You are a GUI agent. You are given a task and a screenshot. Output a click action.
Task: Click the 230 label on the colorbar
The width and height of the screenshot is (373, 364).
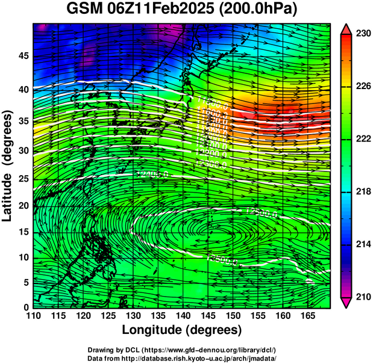(362, 34)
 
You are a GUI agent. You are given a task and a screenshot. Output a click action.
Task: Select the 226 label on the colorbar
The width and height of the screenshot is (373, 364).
(362, 87)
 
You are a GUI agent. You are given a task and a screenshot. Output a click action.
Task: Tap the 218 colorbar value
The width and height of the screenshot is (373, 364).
(362, 191)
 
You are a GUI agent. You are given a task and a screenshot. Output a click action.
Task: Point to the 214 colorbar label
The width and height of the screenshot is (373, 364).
(362, 244)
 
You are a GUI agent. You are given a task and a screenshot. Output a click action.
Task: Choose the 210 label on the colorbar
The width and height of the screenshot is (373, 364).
(362, 297)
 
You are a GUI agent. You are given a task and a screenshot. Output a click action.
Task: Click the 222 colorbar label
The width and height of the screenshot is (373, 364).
(362, 139)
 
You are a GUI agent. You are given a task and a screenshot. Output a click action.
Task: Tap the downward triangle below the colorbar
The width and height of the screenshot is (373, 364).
(346, 302)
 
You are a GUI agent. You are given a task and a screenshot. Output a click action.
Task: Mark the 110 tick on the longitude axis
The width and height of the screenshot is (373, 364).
(33, 316)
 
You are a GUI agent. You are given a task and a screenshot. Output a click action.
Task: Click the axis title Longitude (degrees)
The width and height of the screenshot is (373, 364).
(182, 330)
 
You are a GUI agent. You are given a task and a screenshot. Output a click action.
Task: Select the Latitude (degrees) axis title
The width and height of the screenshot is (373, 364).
(8, 165)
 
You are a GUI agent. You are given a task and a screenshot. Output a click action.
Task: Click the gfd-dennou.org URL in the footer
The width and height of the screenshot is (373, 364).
(208, 350)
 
